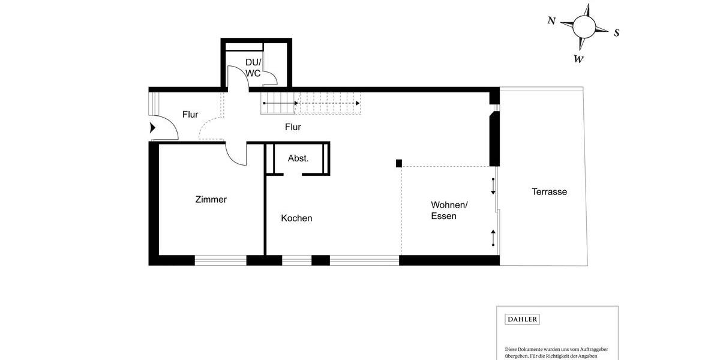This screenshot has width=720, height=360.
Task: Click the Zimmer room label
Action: tap(211, 200)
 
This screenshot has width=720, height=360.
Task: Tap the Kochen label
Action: tap(296, 218)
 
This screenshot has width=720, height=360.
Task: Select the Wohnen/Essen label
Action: tap(449, 211)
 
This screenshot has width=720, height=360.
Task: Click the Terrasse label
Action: tap(549, 192)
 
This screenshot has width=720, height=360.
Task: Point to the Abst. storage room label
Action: tap(298, 158)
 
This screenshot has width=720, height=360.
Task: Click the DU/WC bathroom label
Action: tap(253, 68)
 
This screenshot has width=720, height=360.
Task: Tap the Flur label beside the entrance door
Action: tap(190, 115)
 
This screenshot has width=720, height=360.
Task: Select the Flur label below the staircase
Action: tap(293, 127)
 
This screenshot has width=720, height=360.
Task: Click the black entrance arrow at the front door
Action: tap(152, 127)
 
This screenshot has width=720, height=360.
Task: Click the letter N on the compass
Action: tap(551, 20)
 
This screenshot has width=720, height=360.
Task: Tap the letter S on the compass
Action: tap(616, 33)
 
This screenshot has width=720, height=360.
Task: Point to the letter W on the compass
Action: tap(578, 59)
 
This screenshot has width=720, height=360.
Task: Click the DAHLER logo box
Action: tap(521, 319)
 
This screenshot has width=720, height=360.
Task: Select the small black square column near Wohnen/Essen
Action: tap(398, 163)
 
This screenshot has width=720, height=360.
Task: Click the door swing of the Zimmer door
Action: tap(236, 155)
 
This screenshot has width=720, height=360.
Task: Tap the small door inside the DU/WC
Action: tap(270, 76)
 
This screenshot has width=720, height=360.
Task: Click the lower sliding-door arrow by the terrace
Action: tap(493, 238)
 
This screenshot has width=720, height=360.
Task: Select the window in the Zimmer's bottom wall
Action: tap(220, 260)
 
